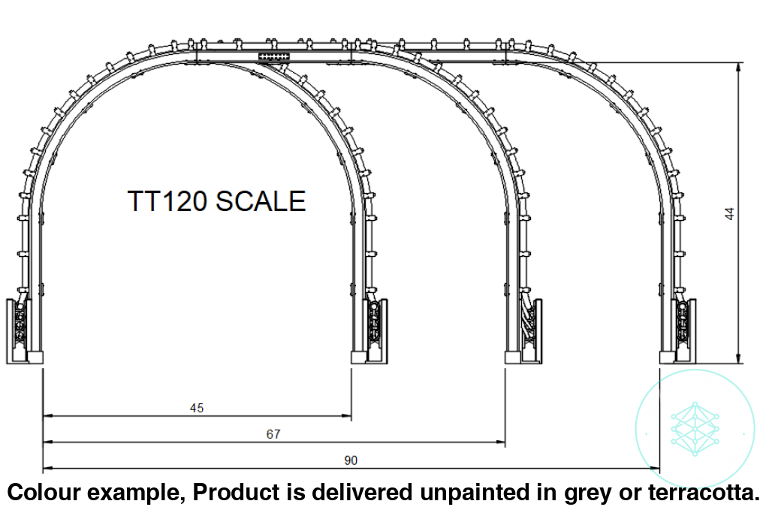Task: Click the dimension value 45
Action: click(x=197, y=409)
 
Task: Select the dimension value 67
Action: click(x=274, y=435)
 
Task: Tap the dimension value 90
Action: click(x=351, y=460)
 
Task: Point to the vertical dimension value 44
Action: click(x=728, y=213)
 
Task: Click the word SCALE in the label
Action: click(x=261, y=201)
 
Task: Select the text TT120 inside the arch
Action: click(x=167, y=201)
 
